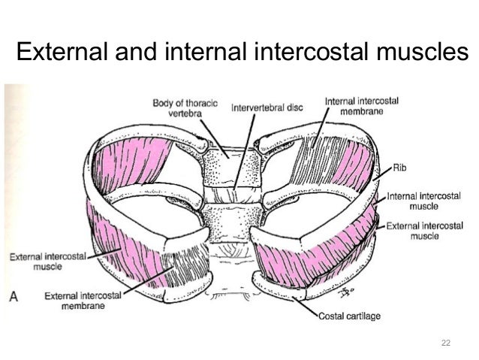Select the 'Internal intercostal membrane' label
(x=362, y=106)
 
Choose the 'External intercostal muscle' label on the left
(x=45, y=260)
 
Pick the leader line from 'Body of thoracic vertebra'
(x=214, y=135)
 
